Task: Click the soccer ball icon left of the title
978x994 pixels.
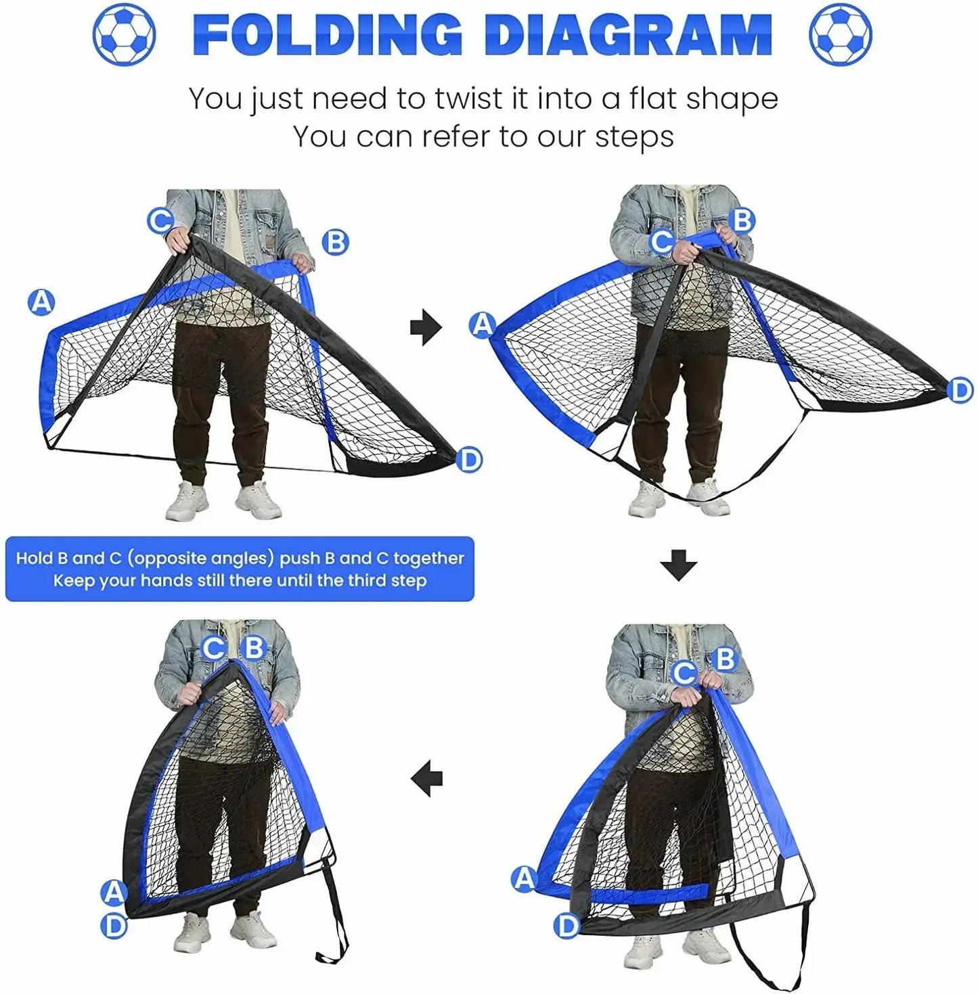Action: [124, 34]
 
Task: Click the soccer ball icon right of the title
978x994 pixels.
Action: [841, 34]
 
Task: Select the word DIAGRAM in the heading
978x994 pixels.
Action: [628, 34]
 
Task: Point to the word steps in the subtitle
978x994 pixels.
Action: [634, 137]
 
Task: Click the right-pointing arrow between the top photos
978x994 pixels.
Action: [426, 327]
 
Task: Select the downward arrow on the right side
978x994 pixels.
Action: [678, 565]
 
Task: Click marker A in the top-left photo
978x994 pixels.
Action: [41, 302]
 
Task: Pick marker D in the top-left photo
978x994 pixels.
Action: [468, 460]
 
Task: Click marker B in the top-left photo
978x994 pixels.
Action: [335, 241]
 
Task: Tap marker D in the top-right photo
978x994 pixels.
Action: [960, 391]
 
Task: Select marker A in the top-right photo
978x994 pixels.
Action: [482, 325]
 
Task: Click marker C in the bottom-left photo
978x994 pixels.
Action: [214, 648]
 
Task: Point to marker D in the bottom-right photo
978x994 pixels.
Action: [567, 926]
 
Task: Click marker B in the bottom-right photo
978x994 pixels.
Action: [725, 658]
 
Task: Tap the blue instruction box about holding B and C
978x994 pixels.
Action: [240, 569]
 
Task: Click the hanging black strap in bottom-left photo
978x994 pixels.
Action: [336, 913]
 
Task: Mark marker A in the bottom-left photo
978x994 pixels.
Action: [114, 893]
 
